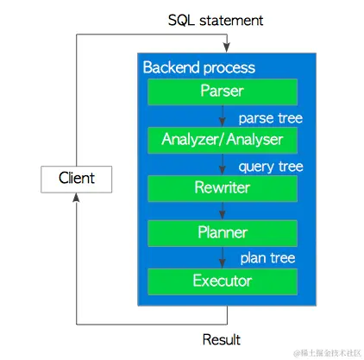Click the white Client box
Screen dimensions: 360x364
coord(77,179)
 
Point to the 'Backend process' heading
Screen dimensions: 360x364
coord(198,67)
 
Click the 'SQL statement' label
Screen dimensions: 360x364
coord(226,19)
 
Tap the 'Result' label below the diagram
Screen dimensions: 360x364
coord(221,339)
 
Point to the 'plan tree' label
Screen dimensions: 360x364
coord(267,258)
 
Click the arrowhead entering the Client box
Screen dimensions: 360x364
coord(77,197)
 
